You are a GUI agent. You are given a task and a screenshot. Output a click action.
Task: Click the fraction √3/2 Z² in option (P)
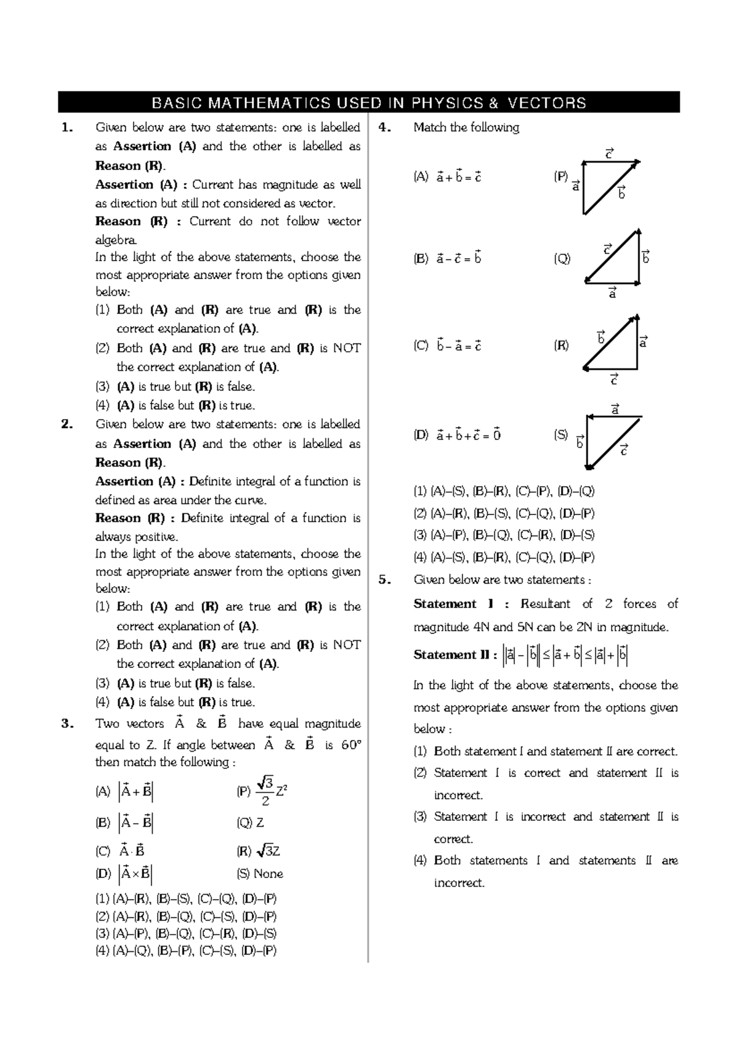click(x=270, y=791)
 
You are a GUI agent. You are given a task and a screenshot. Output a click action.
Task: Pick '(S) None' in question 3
click(x=260, y=873)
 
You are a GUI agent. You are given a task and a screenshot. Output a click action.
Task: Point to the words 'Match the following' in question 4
click(x=466, y=128)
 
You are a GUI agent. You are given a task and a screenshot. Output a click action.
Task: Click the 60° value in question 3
click(x=350, y=745)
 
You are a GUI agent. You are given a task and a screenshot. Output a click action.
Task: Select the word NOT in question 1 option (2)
click(x=347, y=348)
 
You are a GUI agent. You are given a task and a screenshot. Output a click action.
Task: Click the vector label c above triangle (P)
click(x=610, y=153)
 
